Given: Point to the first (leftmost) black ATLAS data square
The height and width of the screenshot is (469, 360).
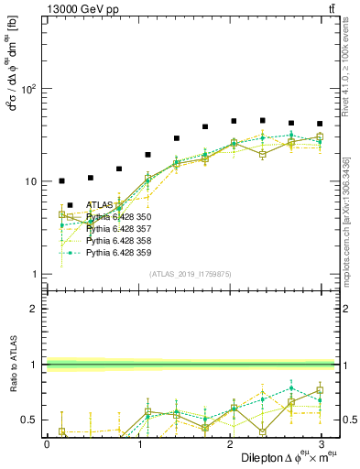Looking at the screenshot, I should [61, 181].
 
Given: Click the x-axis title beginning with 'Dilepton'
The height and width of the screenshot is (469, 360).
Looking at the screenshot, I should [278, 457].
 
